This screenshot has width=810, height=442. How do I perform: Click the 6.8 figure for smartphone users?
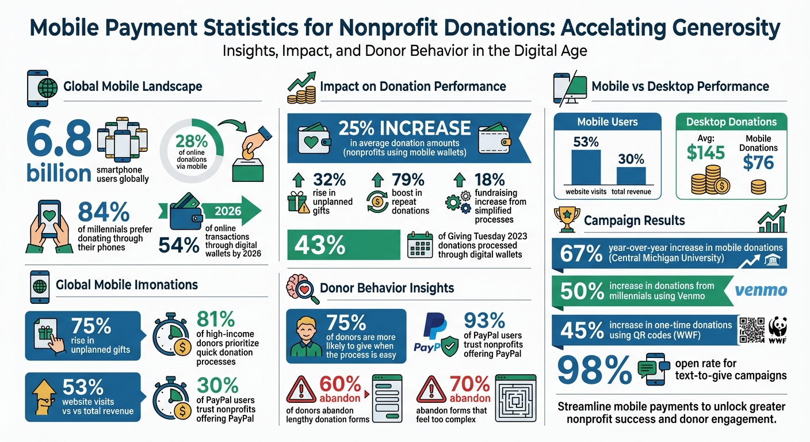click(58, 138)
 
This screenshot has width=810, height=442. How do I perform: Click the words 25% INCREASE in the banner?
click(404, 128)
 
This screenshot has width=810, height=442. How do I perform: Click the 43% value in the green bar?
click(320, 245)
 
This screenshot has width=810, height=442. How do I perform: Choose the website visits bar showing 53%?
click(586, 167)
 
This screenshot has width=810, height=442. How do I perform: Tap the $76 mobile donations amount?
click(758, 162)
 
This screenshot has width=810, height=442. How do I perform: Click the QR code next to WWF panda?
click(751, 330)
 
